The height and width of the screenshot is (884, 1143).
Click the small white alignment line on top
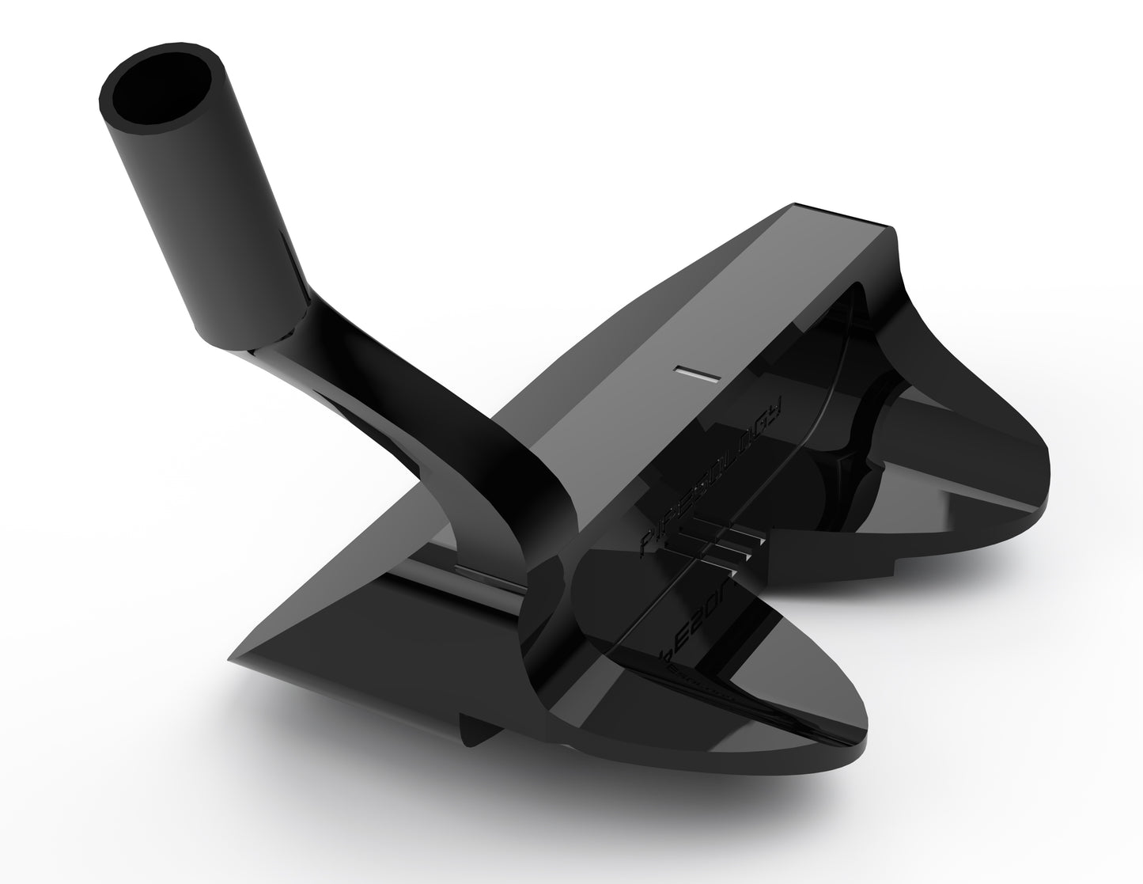point(696,374)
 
